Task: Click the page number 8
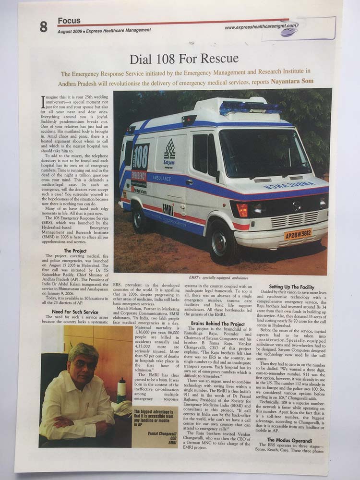coord(44,27)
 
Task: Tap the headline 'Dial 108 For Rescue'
coord(184,59)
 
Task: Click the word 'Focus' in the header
coord(69,21)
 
